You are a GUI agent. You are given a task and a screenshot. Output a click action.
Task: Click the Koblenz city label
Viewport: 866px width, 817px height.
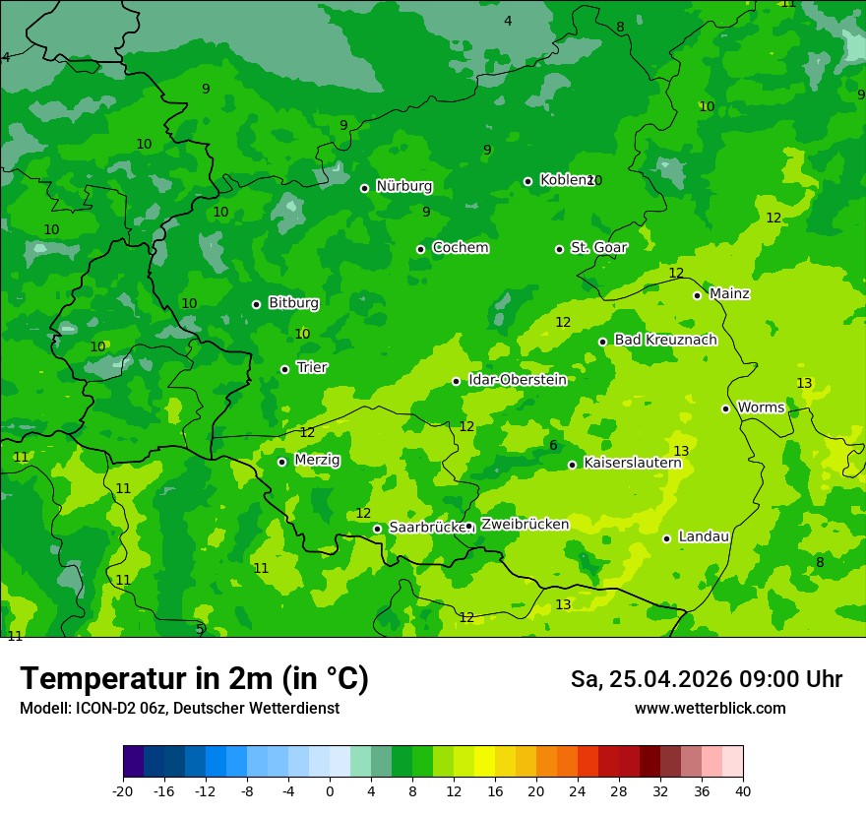point(565,180)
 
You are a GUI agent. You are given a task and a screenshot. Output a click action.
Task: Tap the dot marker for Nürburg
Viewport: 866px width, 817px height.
point(364,188)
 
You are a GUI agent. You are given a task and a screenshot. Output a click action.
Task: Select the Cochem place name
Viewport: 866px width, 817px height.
point(460,247)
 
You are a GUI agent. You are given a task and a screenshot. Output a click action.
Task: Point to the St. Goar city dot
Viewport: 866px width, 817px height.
point(559,249)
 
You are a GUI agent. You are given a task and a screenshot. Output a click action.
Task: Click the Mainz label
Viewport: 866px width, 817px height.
point(729,293)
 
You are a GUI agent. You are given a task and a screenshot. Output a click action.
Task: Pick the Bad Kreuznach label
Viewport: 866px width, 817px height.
point(665,340)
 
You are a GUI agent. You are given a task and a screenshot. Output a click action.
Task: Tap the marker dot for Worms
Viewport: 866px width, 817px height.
point(725,408)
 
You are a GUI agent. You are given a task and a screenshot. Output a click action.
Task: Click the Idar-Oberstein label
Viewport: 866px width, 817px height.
point(517,379)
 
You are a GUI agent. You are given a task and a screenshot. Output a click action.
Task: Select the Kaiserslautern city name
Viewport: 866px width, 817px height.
point(632,463)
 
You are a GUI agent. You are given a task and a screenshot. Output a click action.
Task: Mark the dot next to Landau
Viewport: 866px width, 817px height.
point(666,538)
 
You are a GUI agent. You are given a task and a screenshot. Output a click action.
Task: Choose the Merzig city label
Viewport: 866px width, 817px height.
point(317,460)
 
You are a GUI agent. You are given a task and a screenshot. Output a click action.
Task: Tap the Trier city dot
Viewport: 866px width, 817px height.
point(284,369)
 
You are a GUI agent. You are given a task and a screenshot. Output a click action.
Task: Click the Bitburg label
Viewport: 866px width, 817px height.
point(293,302)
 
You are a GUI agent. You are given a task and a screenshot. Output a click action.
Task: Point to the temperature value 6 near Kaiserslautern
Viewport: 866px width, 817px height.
point(553,446)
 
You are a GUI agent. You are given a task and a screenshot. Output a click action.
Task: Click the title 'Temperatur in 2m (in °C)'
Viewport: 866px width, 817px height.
point(194,678)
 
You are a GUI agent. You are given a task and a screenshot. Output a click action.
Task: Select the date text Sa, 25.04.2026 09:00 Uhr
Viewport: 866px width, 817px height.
point(706,679)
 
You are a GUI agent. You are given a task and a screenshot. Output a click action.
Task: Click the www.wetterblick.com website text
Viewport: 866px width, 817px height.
point(710,709)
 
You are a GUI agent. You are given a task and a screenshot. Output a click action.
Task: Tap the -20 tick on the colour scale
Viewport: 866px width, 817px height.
point(123,790)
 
